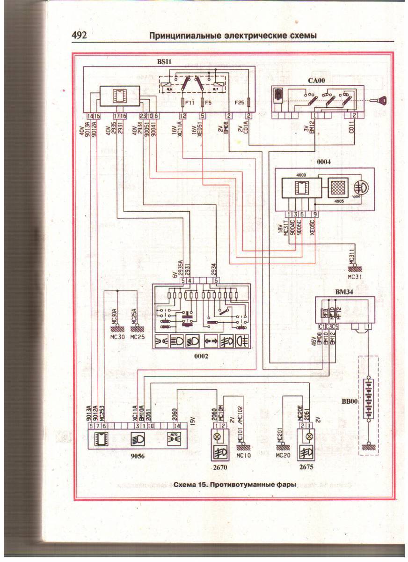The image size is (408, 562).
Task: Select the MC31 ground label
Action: coord(356,276)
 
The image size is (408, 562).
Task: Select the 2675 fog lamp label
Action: coord(308,466)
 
